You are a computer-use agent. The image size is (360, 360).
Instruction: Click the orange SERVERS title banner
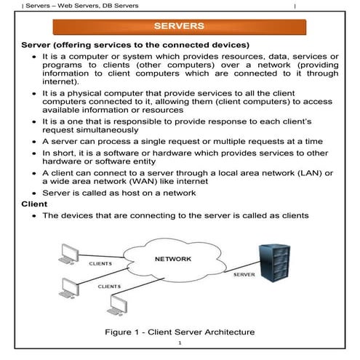pyautogui.click(x=179, y=27)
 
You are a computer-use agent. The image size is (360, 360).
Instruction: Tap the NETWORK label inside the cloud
pyautogui.click(x=173, y=259)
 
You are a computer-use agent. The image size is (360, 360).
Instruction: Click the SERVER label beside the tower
pyautogui.click(x=244, y=276)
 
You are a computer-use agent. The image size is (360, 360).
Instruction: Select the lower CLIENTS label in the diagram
pyautogui.click(x=110, y=287)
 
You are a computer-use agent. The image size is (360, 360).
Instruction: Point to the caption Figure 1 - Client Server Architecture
pyautogui.click(x=180, y=332)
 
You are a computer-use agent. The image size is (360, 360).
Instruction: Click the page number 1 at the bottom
pyautogui.click(x=179, y=343)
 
